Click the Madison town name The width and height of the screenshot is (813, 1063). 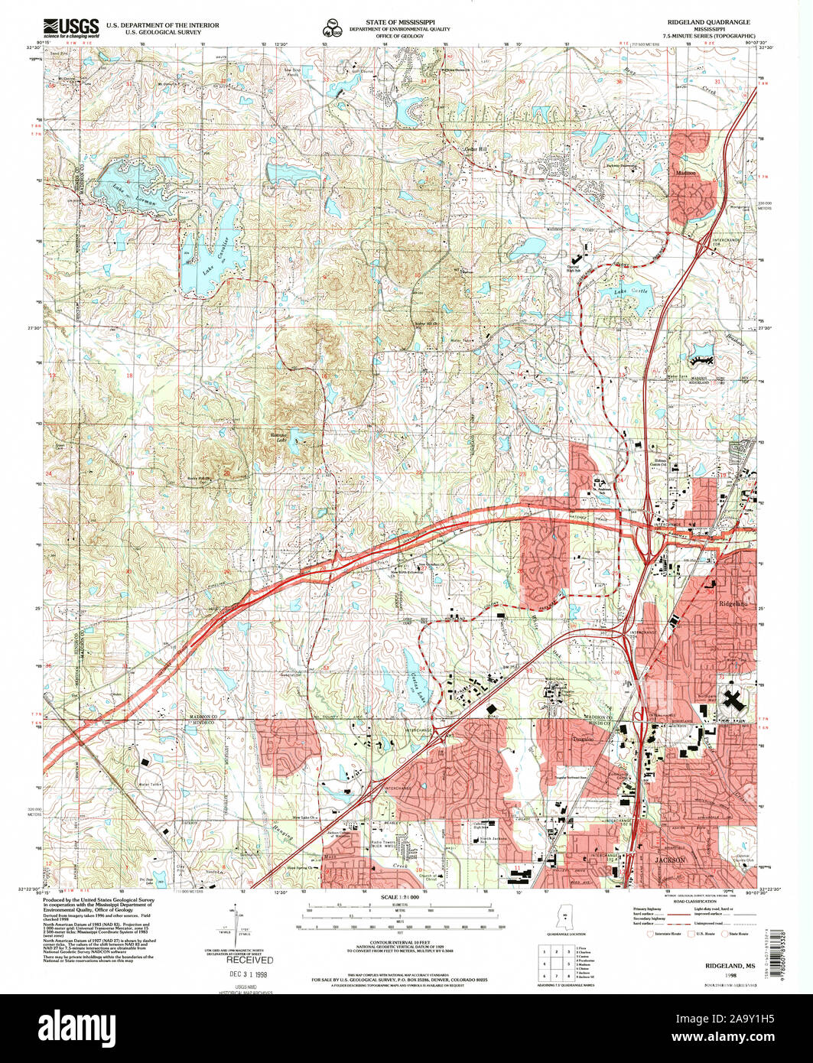pyautogui.click(x=686, y=173)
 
